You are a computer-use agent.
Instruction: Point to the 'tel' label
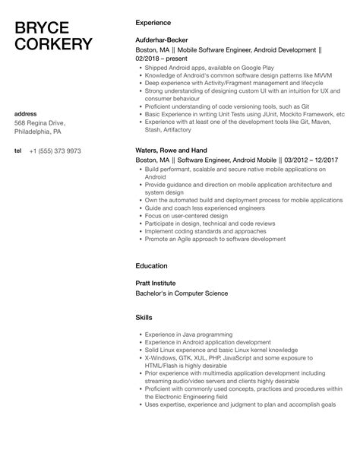pyautogui.click(x=18, y=151)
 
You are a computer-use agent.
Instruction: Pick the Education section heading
pyautogui.click(x=151, y=265)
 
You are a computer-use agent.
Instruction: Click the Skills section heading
pyautogui.click(x=144, y=316)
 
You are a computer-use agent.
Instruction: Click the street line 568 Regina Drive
pyautogui.click(x=40, y=124)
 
